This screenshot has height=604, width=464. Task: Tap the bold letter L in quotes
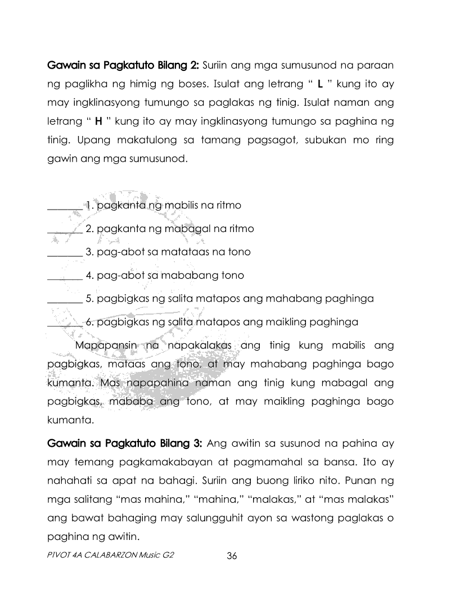pyautogui.click(x=319, y=85)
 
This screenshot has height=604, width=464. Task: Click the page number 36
pyautogui.click(x=232, y=556)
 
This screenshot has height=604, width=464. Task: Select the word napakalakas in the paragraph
pyautogui.click(x=197, y=344)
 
